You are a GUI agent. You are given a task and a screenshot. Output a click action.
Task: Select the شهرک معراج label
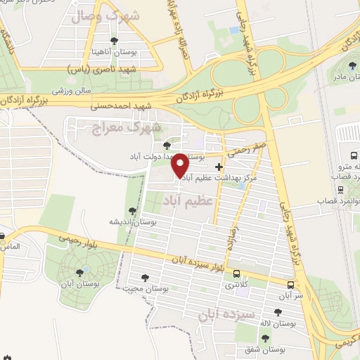point(127,127)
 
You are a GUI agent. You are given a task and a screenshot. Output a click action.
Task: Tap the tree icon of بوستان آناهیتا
point(115,41)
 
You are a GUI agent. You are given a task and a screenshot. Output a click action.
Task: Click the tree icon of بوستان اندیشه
point(131,210)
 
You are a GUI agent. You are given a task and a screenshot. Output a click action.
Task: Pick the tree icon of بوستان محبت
point(145,278)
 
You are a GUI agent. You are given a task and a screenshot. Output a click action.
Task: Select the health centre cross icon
point(220,167)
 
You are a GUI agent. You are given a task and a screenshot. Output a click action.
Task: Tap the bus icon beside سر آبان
point(290,285)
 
